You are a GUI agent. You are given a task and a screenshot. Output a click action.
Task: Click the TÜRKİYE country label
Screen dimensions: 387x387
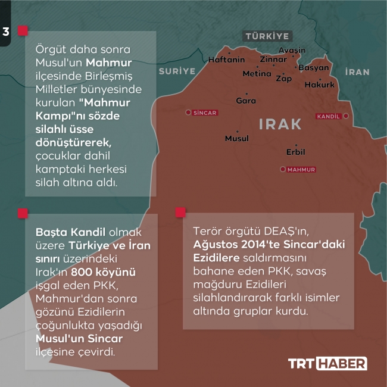pos(267,36)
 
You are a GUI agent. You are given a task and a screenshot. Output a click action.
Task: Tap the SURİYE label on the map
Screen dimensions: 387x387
pos(177,71)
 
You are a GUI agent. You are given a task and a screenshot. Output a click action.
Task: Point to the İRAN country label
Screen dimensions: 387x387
pos(357,72)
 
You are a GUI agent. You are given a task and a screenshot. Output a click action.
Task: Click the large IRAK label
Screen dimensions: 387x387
pos(280,124)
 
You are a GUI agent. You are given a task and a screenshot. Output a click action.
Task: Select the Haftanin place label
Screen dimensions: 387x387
pos(226,60)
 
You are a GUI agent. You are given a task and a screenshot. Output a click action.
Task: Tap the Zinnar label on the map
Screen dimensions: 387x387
pos(273,60)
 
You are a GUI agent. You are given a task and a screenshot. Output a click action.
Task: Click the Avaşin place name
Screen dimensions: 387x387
pos(292,51)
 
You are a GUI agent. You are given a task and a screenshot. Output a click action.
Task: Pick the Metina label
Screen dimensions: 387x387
pos(257,74)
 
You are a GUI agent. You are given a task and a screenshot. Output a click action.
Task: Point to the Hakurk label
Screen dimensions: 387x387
pos(320,85)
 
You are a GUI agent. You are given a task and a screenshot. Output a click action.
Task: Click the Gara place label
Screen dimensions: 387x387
pos(246,101)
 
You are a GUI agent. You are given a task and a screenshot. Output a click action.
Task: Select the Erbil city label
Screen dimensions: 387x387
pos(295,152)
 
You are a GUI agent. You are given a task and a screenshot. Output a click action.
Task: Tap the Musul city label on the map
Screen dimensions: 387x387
pos(236,138)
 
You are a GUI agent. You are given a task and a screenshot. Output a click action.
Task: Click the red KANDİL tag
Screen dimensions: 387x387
pos(331,116)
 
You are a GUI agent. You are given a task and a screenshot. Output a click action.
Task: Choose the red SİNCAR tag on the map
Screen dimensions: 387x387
pos(204,113)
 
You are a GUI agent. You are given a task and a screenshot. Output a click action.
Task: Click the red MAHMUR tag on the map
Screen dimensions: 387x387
pos(301,170)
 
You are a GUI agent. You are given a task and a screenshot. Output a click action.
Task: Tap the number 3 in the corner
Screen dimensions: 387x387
pos(6,32)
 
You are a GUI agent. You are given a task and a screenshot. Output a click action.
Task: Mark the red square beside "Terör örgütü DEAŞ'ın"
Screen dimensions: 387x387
pos(180,213)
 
